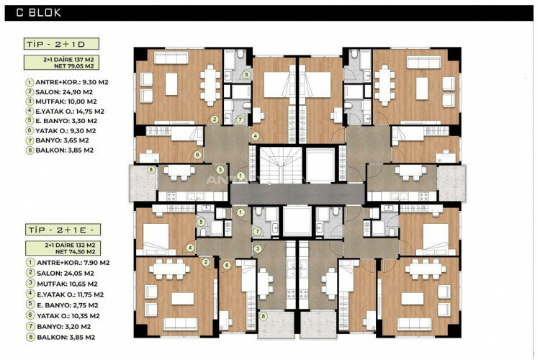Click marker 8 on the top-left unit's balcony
(150, 170)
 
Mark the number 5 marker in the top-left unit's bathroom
(246, 74)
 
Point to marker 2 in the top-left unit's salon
(214, 120)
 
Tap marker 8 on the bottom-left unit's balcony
(264, 315)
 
